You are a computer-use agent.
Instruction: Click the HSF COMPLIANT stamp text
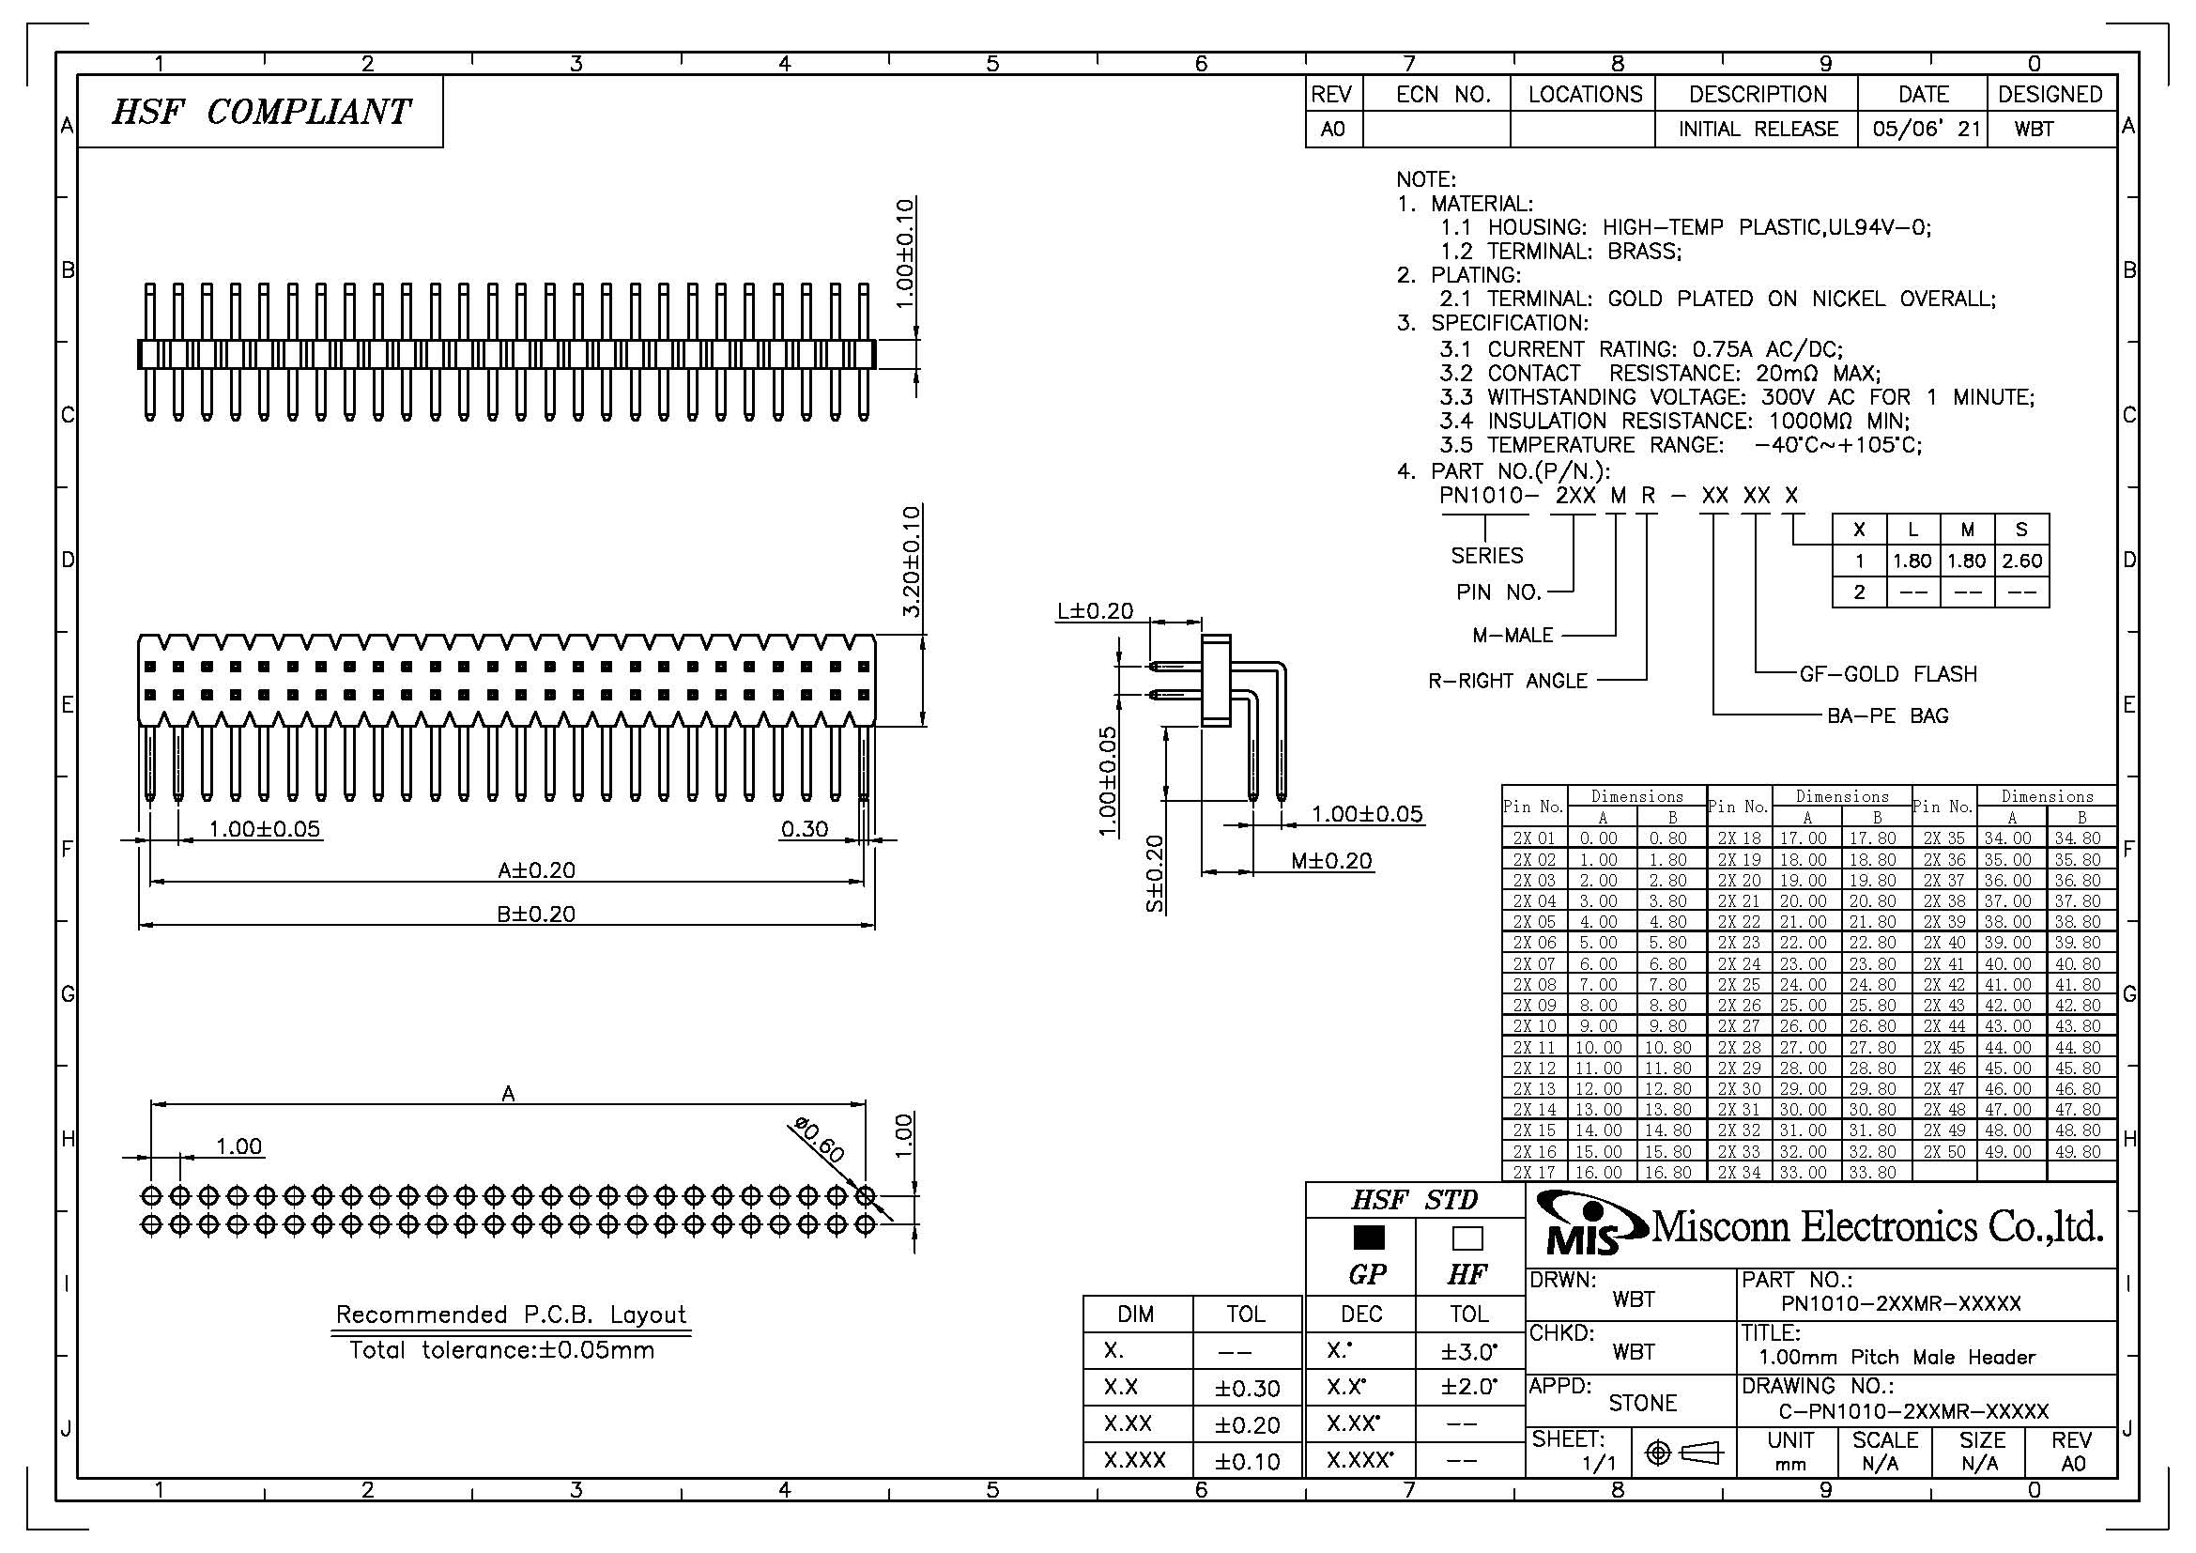261,112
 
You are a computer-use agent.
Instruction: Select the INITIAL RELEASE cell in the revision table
1758,129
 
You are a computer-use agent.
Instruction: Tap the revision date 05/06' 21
1926,129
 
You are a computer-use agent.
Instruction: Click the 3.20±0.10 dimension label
911,561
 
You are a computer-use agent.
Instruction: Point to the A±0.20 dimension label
537,870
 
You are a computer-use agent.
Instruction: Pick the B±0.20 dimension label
537,915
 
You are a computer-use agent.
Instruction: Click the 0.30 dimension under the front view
805,828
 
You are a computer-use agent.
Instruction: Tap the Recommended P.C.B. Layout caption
511,1315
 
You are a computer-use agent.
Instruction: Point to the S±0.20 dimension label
1156,873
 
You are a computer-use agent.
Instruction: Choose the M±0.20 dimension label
1331,861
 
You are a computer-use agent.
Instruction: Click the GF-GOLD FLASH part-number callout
1889,674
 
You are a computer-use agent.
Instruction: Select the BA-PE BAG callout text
1888,715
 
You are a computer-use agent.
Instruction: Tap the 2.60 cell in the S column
2022,561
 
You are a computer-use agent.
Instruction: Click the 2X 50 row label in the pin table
1944,1152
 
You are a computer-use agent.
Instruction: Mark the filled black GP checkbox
1369,1238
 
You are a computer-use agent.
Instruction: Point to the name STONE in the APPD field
1642,1403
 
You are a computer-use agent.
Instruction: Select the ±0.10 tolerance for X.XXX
1247,1461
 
